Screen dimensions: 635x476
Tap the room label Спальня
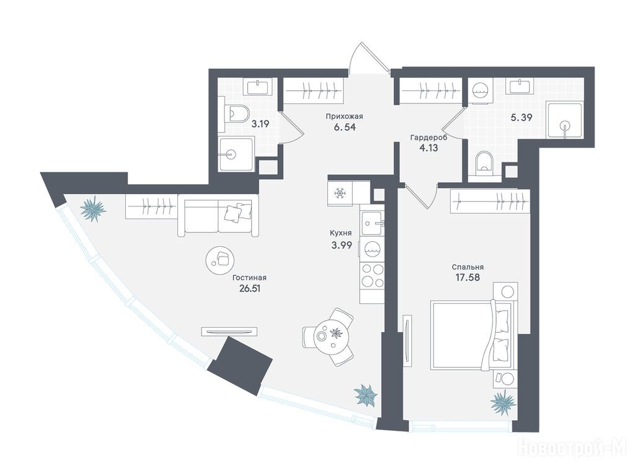(468, 267)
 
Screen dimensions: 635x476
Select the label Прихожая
(344, 117)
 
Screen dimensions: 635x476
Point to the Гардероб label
(429, 138)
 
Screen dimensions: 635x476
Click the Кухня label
(341, 233)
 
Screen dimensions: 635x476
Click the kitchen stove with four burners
(373, 275)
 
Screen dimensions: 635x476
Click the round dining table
(329, 336)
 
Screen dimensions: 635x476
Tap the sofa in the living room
(218, 215)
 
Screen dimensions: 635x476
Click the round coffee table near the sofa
(220, 259)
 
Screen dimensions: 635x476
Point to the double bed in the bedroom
(472, 334)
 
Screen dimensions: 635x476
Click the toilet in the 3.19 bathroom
(236, 114)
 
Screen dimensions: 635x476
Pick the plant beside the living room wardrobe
(93, 209)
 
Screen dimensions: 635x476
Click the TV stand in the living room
(229, 332)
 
